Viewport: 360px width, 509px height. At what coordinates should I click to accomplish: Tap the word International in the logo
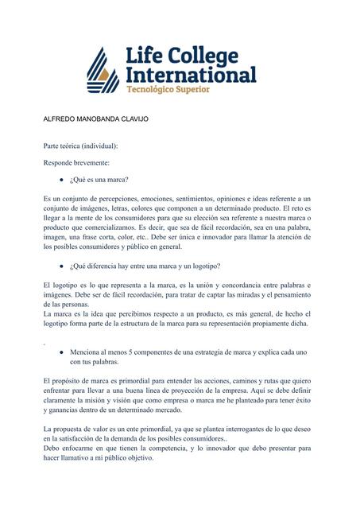point(191,75)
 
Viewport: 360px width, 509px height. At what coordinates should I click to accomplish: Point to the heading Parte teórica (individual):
point(80,147)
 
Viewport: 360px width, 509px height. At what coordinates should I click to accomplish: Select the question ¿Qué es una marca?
point(99,181)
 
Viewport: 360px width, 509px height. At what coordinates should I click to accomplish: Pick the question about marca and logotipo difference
point(145,266)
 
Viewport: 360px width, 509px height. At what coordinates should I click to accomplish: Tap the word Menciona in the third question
point(87,351)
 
